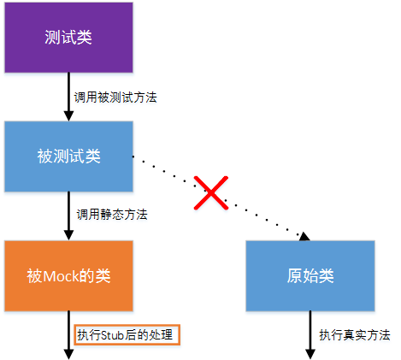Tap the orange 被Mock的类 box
tap(68, 275)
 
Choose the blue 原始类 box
tap(310, 275)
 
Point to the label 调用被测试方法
tap(115, 97)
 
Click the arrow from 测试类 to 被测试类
tap(68, 96)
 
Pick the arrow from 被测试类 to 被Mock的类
tap(68, 214)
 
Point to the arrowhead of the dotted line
tap(304, 236)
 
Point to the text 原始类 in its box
tap(310, 275)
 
